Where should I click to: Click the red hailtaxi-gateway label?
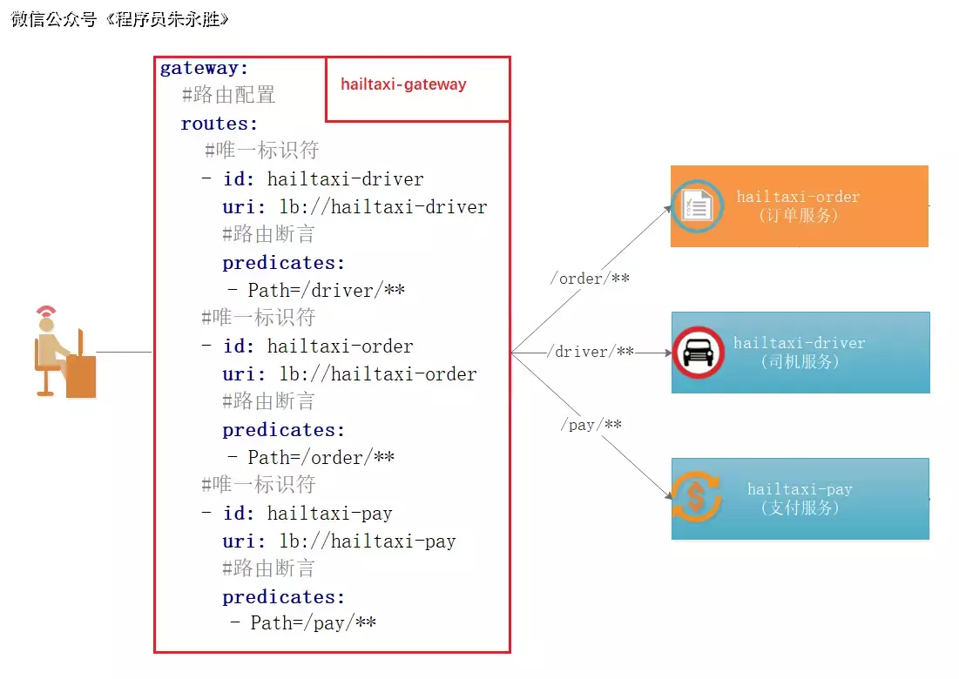pos(403,84)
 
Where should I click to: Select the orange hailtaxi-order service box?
pos(799,206)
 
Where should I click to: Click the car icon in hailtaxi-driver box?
pos(698,353)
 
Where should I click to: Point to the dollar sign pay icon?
pos(695,497)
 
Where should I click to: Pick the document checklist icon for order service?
pos(698,206)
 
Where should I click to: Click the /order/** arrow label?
pos(590,279)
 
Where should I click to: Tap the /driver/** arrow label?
pos(591,352)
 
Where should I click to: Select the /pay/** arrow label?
pos(591,425)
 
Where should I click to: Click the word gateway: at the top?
pos(205,68)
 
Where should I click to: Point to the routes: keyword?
pos(219,124)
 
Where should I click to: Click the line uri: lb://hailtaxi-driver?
pos(355,207)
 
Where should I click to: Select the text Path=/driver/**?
pos(326,291)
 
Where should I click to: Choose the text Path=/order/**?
pos(321,458)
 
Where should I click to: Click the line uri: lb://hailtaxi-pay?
pos(339,541)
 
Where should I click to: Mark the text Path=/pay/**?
pos(313,623)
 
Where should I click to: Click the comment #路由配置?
pos(229,96)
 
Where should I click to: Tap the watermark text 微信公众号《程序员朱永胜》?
pos(121,19)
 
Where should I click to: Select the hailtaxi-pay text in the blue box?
pos(799,489)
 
